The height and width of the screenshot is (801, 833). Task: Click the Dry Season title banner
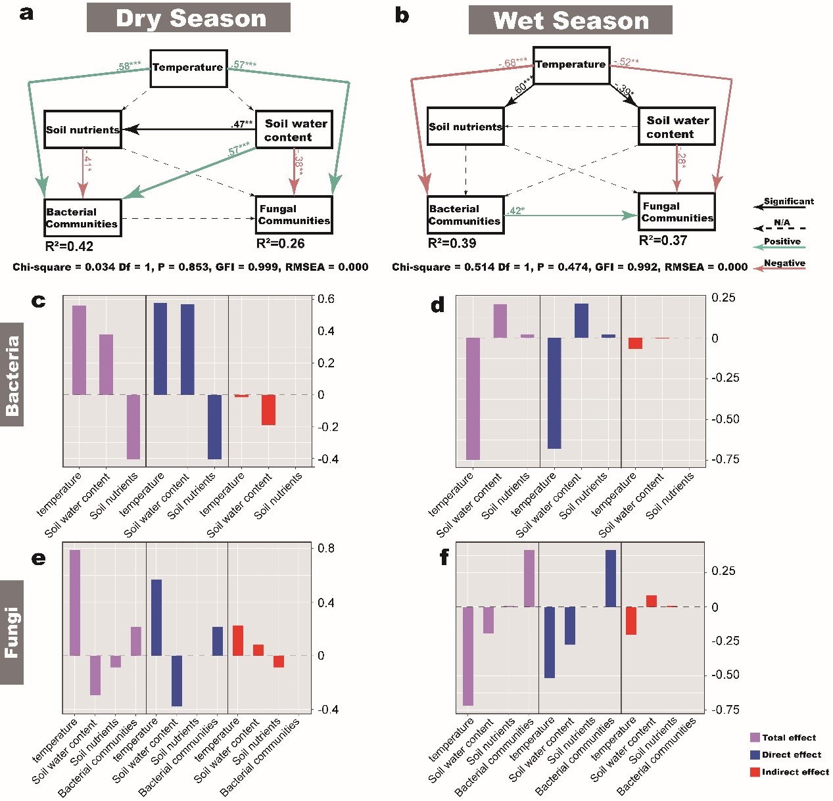tap(189, 18)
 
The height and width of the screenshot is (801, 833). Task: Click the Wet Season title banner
tap(570, 20)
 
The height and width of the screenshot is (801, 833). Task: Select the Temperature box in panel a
tap(189, 68)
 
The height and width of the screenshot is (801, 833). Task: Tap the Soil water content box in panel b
tap(677, 127)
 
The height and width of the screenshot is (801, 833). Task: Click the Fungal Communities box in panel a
tap(294, 215)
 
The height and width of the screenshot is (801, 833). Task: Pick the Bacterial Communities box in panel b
tap(465, 215)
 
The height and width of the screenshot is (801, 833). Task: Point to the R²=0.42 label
tap(69, 246)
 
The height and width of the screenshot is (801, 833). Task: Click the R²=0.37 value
tap(663, 240)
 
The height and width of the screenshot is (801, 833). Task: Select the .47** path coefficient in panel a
tap(242, 124)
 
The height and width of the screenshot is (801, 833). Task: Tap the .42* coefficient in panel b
tap(516, 210)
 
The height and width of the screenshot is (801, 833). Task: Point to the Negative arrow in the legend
tap(780, 268)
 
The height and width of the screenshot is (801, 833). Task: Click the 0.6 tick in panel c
tap(326, 299)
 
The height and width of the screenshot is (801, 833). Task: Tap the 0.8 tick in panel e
tap(326, 548)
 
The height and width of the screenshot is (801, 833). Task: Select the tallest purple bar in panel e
tap(75, 603)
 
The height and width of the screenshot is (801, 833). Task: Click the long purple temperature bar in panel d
tap(473, 398)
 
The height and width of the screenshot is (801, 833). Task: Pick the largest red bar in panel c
tap(268, 410)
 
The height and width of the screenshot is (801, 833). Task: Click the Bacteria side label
tap(12, 375)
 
